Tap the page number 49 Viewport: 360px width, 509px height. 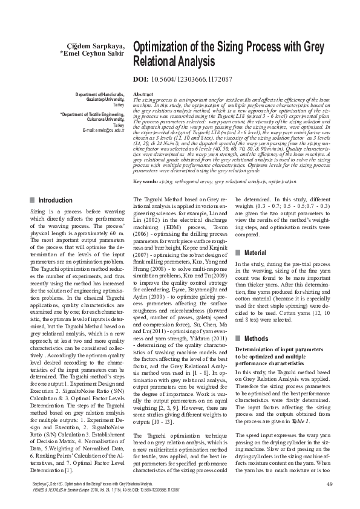(330, 482)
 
